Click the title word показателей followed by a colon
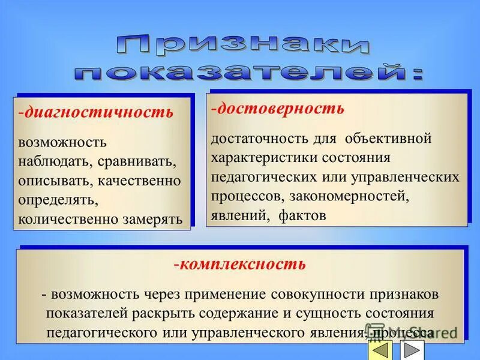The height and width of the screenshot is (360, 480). pos(248,73)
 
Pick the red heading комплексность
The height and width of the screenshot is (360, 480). pos(241,264)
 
